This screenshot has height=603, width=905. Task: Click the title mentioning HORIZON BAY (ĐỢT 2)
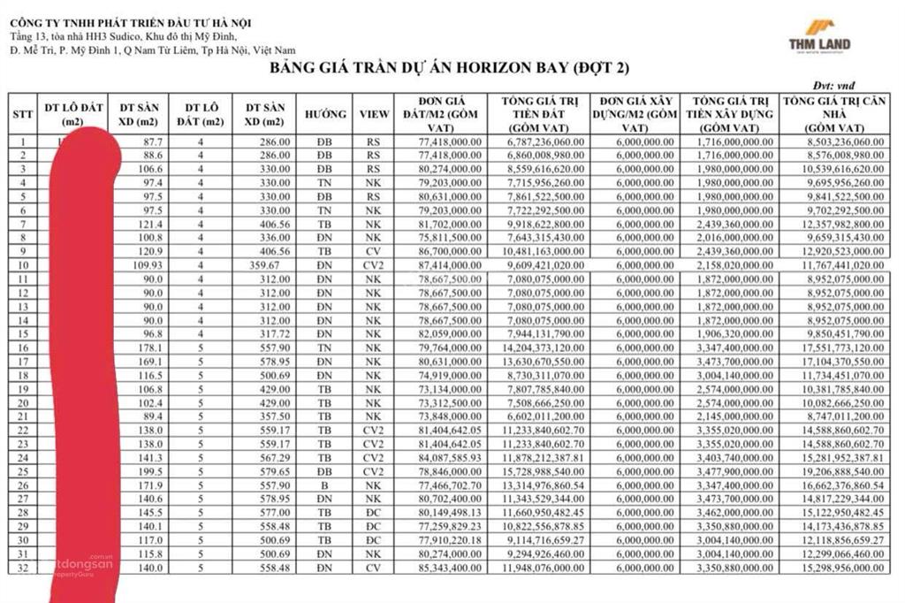pos(450,68)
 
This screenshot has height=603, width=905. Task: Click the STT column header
pos(23,114)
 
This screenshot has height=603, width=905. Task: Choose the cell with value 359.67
pos(265,264)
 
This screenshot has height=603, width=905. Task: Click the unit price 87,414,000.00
pos(445,264)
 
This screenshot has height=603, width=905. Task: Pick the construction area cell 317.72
pos(265,333)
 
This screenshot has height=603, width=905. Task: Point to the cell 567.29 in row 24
pos(265,458)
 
